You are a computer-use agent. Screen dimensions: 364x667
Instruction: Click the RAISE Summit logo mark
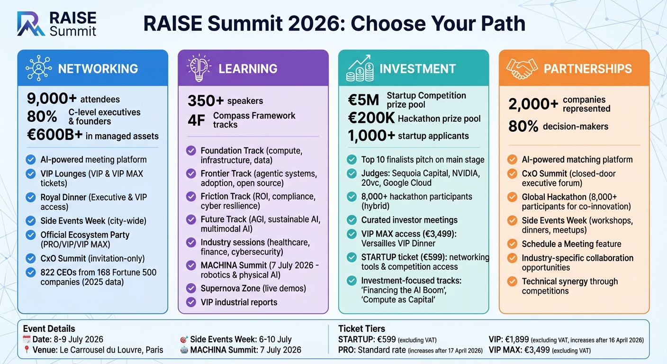[x=31, y=24]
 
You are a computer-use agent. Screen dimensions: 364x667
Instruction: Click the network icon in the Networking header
[x=39, y=68]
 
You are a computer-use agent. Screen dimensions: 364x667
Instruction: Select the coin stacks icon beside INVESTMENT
[x=360, y=68]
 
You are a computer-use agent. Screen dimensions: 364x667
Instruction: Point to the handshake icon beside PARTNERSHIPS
[x=522, y=68]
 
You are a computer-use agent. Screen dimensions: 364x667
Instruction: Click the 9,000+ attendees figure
[x=52, y=99]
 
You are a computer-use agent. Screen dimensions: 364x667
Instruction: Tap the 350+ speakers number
[x=205, y=100]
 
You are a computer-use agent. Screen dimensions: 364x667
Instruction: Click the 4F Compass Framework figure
[x=196, y=120]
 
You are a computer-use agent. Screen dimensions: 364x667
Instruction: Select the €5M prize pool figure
[x=363, y=100]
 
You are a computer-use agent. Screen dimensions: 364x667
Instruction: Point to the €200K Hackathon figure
[x=371, y=118]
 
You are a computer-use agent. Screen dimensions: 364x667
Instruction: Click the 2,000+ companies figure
[x=532, y=104]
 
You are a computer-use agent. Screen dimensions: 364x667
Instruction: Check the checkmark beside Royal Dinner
[x=31, y=197]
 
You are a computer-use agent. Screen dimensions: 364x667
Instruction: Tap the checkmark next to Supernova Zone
[x=191, y=288]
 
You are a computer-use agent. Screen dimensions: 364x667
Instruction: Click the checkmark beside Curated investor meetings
[x=352, y=220]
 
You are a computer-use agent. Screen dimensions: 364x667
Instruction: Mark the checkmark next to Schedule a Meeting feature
[x=512, y=244]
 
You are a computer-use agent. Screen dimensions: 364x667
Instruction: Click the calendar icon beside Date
[x=27, y=339]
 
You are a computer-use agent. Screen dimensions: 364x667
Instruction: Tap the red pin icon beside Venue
[x=27, y=350]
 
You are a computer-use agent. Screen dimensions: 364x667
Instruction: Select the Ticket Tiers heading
[x=361, y=329]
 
